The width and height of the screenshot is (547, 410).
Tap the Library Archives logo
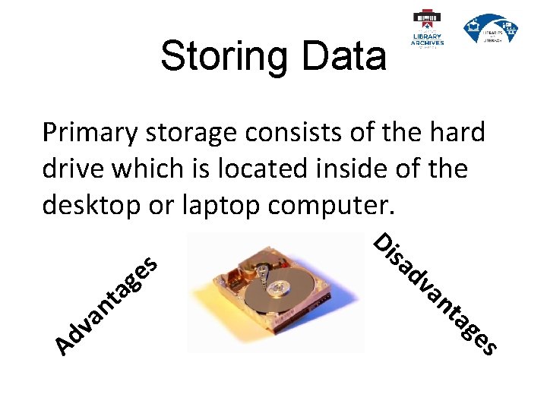[x=428, y=29]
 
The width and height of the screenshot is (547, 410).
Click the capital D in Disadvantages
[x=384, y=241]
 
